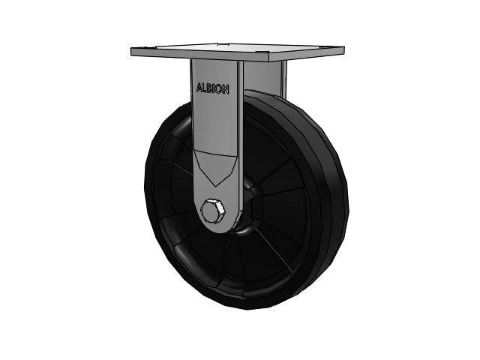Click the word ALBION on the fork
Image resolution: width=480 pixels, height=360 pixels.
(x=213, y=88)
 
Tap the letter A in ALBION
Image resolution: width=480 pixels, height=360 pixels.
(x=199, y=87)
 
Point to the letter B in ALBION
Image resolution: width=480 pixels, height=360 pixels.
(x=210, y=88)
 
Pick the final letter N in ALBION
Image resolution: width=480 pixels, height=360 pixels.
(x=226, y=90)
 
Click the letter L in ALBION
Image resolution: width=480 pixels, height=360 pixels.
(x=205, y=88)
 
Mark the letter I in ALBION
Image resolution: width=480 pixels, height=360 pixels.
(x=214, y=88)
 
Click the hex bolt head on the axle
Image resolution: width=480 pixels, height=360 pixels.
(x=212, y=211)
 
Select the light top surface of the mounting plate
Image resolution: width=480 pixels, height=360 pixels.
(x=237, y=49)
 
